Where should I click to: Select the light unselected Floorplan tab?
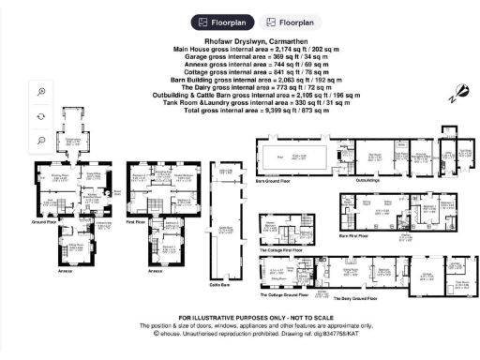click(286, 21)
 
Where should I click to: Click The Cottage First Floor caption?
click(281, 250)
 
